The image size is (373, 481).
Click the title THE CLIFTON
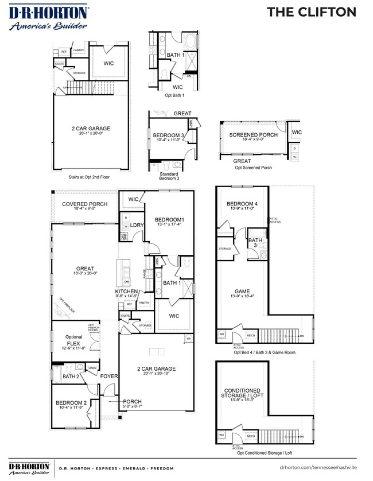click(x=312, y=12)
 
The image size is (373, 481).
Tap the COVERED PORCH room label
click(x=85, y=204)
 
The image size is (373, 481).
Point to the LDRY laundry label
click(x=137, y=225)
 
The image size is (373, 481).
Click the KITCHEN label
click(x=126, y=292)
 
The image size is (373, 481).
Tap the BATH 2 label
click(x=71, y=376)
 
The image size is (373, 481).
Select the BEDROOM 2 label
click(x=71, y=404)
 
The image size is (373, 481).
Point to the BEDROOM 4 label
click(x=242, y=204)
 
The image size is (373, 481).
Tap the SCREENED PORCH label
click(x=253, y=135)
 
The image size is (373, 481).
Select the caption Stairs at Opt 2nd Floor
click(x=88, y=177)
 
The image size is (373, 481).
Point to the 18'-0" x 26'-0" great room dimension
click(x=86, y=274)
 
